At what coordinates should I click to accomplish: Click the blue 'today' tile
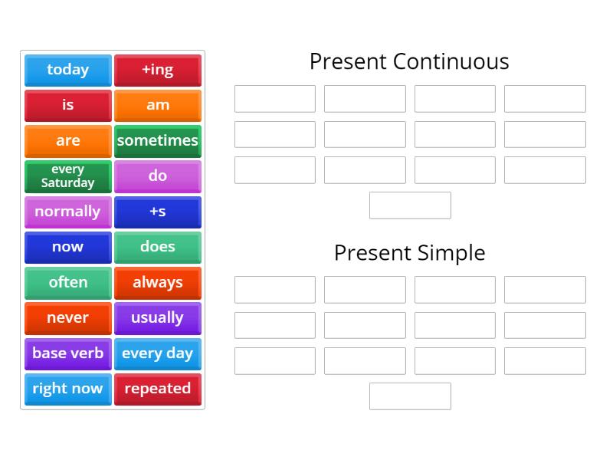click(x=68, y=70)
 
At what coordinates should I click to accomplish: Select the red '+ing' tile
click(x=158, y=70)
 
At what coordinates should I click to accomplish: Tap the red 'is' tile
click(x=68, y=105)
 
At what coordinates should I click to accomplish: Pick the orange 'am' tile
click(x=158, y=105)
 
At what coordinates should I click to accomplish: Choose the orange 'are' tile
click(x=68, y=141)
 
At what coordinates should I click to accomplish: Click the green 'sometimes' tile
click(x=158, y=141)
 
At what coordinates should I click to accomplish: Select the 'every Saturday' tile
click(x=68, y=176)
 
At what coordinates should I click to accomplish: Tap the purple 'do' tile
click(x=158, y=176)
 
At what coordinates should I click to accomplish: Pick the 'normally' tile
click(x=68, y=212)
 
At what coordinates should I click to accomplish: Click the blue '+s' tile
click(x=158, y=212)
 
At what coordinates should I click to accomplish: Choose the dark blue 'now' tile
click(x=68, y=247)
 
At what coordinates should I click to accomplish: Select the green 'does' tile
click(x=158, y=247)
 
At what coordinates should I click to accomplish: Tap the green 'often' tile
click(x=68, y=282)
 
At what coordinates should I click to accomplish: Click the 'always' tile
click(x=158, y=282)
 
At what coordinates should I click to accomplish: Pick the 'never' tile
click(x=68, y=318)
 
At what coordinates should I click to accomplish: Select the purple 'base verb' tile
click(x=68, y=353)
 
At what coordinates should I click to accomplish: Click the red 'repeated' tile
click(x=158, y=389)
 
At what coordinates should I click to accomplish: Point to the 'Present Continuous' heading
click(x=409, y=61)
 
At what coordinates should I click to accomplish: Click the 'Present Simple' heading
click(x=409, y=252)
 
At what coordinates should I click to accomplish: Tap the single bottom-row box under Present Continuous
click(x=410, y=205)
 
